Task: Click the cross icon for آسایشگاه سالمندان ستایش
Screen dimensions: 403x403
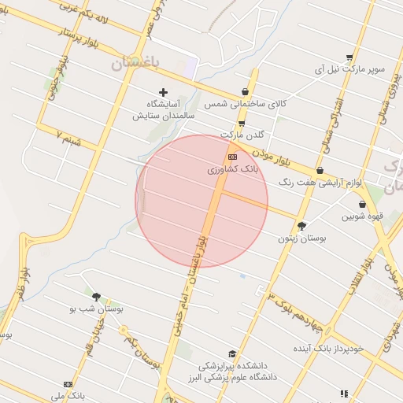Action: click(x=164, y=93)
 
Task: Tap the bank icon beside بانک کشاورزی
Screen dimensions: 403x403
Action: click(x=231, y=157)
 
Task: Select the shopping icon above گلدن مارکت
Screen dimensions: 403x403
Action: click(x=241, y=124)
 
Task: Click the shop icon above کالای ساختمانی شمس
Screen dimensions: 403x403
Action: click(x=246, y=92)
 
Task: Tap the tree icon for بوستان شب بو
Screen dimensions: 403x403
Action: click(x=97, y=298)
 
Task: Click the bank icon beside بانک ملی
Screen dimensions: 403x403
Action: click(x=68, y=384)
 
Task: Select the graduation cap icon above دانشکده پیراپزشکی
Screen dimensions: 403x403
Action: click(x=231, y=355)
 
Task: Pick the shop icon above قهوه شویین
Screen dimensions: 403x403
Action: click(x=362, y=204)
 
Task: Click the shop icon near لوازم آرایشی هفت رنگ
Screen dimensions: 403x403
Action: click(x=320, y=170)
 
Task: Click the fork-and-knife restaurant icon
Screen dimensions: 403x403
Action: click(x=344, y=394)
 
